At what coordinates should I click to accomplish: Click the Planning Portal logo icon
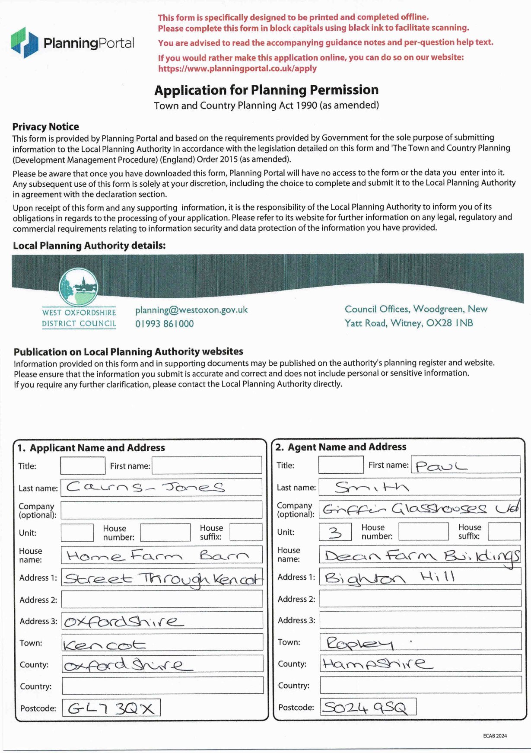25,42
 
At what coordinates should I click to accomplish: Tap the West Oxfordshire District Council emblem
78,287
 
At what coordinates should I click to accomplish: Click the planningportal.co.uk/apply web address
237,69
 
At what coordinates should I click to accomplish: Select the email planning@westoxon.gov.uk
191,310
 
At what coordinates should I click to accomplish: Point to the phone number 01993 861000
164,324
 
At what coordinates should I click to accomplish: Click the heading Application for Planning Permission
266,90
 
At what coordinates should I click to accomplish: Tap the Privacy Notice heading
45,127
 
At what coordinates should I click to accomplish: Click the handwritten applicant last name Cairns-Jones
145,487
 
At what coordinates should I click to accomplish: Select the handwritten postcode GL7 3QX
111,708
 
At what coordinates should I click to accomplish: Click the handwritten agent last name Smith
372,487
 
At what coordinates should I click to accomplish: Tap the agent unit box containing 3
335,532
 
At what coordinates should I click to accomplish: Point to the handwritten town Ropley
360,643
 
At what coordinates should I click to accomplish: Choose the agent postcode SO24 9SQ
366,707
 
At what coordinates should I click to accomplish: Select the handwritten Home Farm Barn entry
158,555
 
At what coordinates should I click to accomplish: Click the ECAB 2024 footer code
495,736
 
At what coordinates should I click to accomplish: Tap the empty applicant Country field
162,686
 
